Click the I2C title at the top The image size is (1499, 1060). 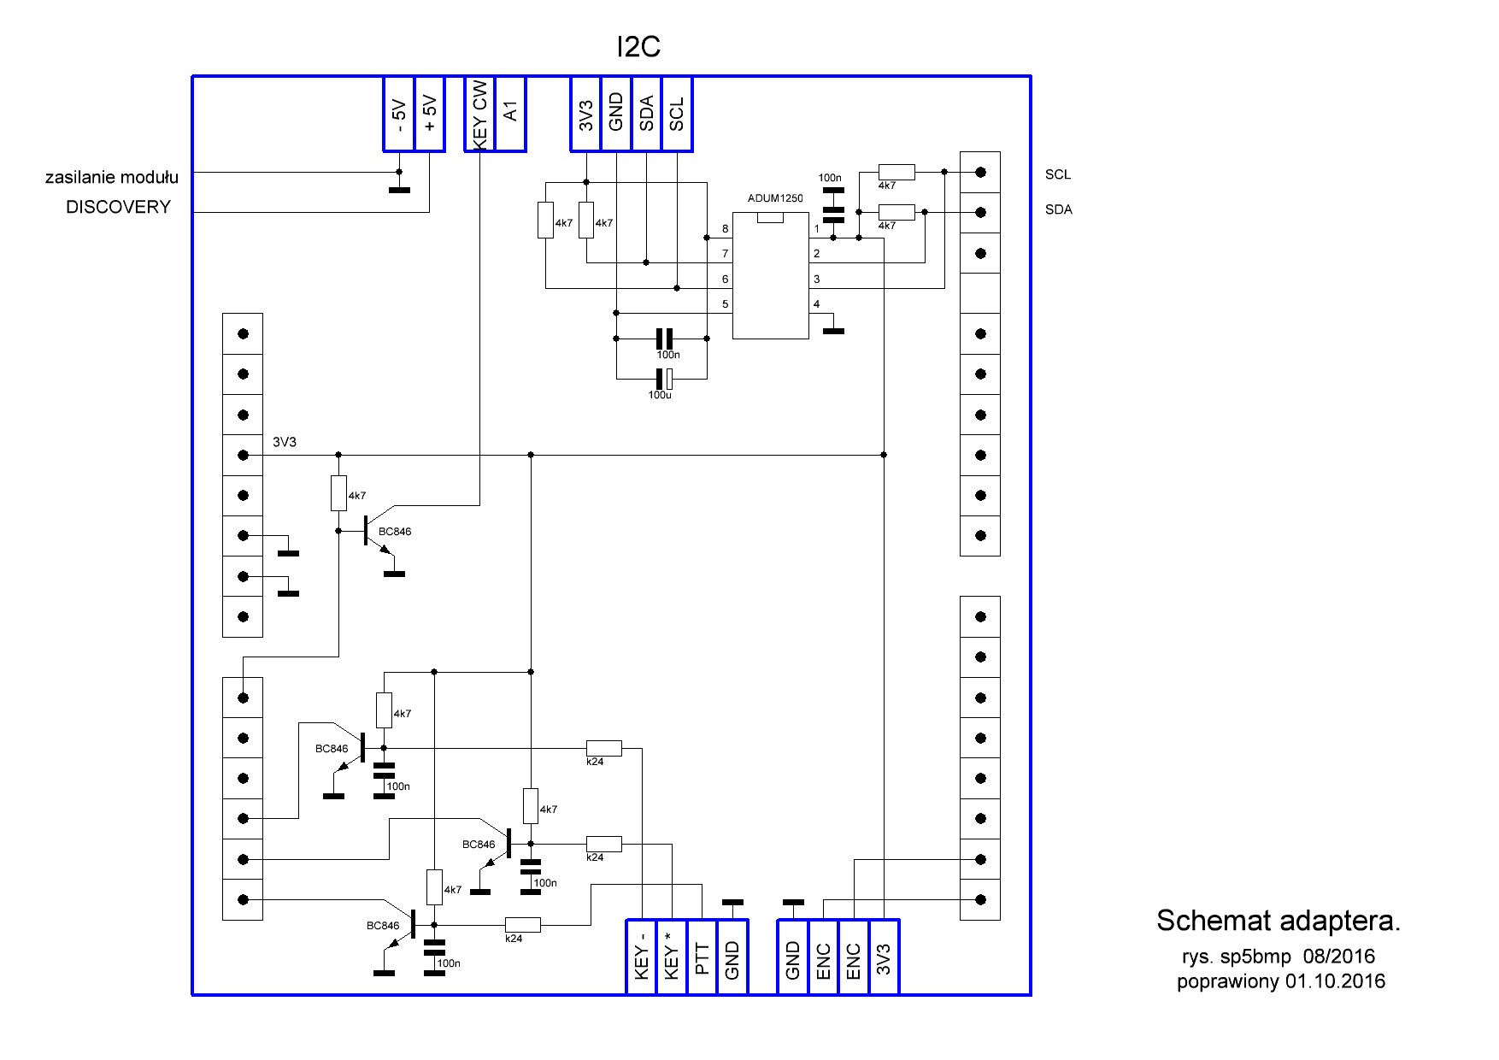pos(638,47)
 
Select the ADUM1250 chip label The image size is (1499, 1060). pos(775,198)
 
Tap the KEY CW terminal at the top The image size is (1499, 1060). pos(479,114)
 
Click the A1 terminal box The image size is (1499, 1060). pos(510,114)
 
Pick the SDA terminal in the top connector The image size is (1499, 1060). pos(646,114)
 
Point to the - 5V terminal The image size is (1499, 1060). pos(398,114)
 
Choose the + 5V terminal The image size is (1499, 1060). pos(429,114)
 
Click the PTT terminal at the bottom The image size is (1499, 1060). pos(702,958)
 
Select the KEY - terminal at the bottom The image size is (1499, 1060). pos(642,958)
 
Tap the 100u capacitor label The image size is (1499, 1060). pos(659,396)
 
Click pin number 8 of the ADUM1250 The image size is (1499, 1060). pos(726,229)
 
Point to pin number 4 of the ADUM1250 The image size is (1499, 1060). pos(817,304)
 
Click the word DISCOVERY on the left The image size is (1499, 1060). pos(118,207)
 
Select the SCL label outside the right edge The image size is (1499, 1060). pos(1057,174)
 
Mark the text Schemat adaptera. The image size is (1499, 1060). pos(1278,921)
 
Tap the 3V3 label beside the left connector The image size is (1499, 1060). pos(285,442)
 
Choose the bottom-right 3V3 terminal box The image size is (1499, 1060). pos(884,958)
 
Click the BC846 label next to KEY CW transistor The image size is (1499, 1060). pos(395,532)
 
